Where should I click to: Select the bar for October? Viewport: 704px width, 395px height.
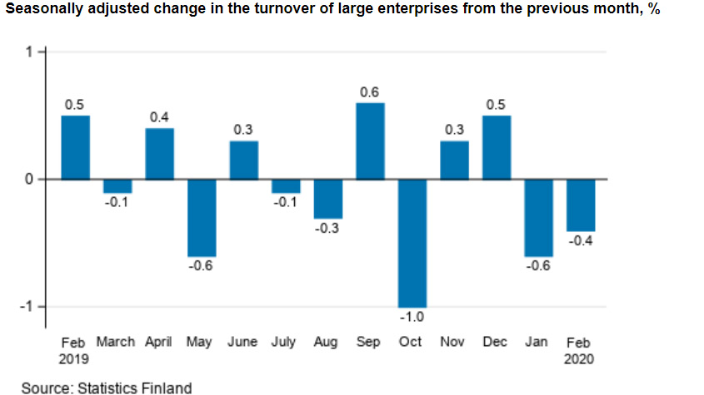(412, 243)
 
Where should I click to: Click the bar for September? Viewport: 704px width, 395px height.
(370, 141)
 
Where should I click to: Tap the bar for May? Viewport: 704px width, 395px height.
(202, 217)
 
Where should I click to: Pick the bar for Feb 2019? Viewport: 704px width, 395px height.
(75, 147)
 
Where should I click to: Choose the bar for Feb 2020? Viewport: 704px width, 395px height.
(581, 205)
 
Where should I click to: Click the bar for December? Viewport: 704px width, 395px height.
(497, 147)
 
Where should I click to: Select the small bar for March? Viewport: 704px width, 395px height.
(117, 185)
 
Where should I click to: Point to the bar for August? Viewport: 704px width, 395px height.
(327, 199)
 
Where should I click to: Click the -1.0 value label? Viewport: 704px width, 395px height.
(412, 318)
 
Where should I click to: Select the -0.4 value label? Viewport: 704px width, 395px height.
(581, 241)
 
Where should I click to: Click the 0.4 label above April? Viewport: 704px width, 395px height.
(159, 118)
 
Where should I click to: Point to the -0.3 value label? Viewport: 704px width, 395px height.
(327, 229)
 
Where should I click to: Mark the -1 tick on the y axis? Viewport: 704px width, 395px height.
(27, 307)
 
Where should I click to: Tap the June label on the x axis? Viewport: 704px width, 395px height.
(243, 342)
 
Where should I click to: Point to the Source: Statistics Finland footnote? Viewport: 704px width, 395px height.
(107, 387)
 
